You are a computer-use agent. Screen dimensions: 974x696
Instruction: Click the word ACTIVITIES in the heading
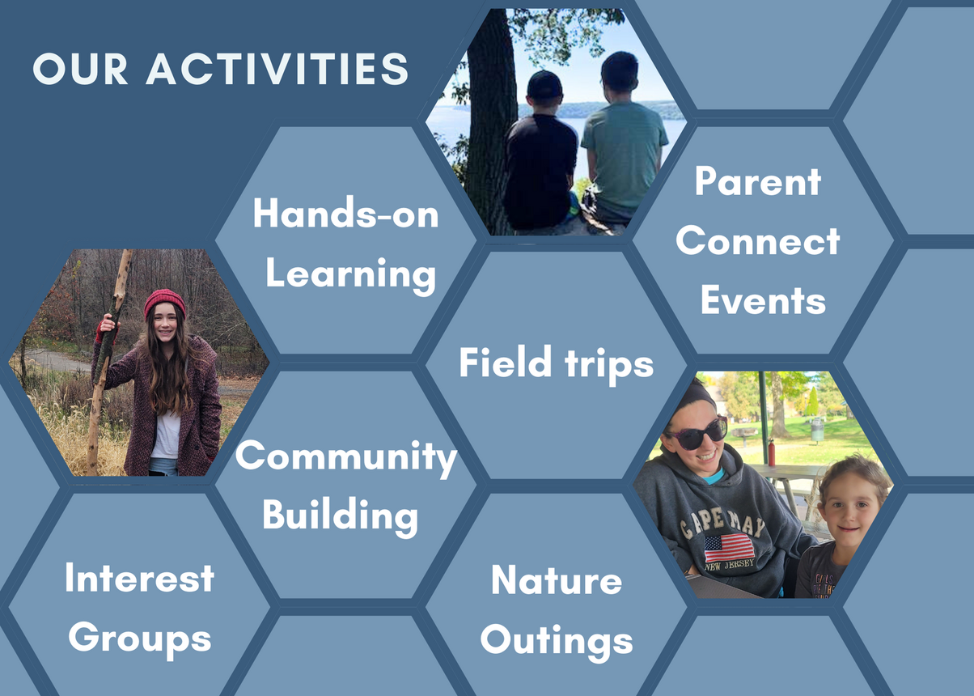tap(277, 69)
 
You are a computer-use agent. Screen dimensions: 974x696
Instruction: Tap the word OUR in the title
tap(80, 69)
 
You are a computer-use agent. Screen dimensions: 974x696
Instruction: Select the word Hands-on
tap(345, 213)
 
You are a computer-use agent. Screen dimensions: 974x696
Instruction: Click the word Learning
tap(350, 275)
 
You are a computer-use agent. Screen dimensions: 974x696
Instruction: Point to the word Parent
tap(758, 181)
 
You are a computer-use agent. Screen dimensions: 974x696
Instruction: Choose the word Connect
tap(757, 241)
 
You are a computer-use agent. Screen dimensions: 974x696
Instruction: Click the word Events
tap(763, 300)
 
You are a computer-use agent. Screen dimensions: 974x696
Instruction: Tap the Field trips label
tap(556, 364)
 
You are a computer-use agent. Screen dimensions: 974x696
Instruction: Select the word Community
tap(346, 456)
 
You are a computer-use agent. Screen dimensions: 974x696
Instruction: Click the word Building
tap(340, 516)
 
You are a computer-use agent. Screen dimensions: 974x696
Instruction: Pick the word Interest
tap(140, 578)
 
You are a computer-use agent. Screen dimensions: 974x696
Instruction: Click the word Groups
tap(140, 640)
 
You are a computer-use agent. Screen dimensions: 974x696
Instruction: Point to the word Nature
tap(557, 579)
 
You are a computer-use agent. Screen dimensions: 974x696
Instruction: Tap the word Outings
tap(557, 642)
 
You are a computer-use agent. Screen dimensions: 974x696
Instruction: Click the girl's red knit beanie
tap(165, 303)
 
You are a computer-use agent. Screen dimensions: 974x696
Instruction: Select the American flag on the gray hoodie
tap(729, 549)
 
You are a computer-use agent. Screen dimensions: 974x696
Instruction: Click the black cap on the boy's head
tap(544, 84)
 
